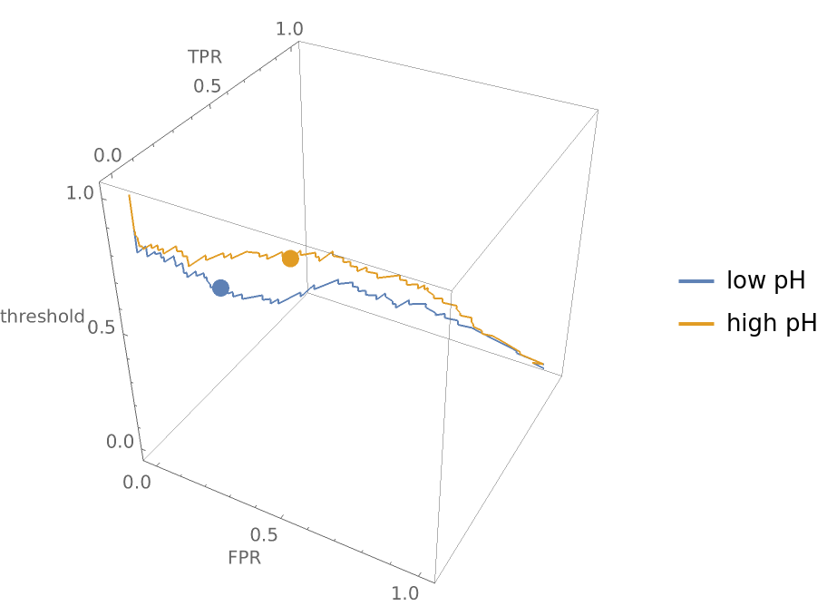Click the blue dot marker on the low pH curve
coord(220,288)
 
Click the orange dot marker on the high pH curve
coord(290,259)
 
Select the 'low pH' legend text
coord(765,281)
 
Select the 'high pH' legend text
coord(771,323)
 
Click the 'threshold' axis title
coord(43,316)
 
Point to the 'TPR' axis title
coord(205,57)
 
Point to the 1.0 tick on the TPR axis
coord(289,29)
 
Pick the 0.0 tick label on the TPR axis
coord(109,156)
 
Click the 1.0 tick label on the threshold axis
coord(80,193)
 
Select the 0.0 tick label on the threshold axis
coord(121,442)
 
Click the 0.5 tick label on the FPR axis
coord(265,534)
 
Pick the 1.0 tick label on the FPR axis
coord(404,593)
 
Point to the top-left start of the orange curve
coord(129,195)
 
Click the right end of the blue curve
coord(543,367)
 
